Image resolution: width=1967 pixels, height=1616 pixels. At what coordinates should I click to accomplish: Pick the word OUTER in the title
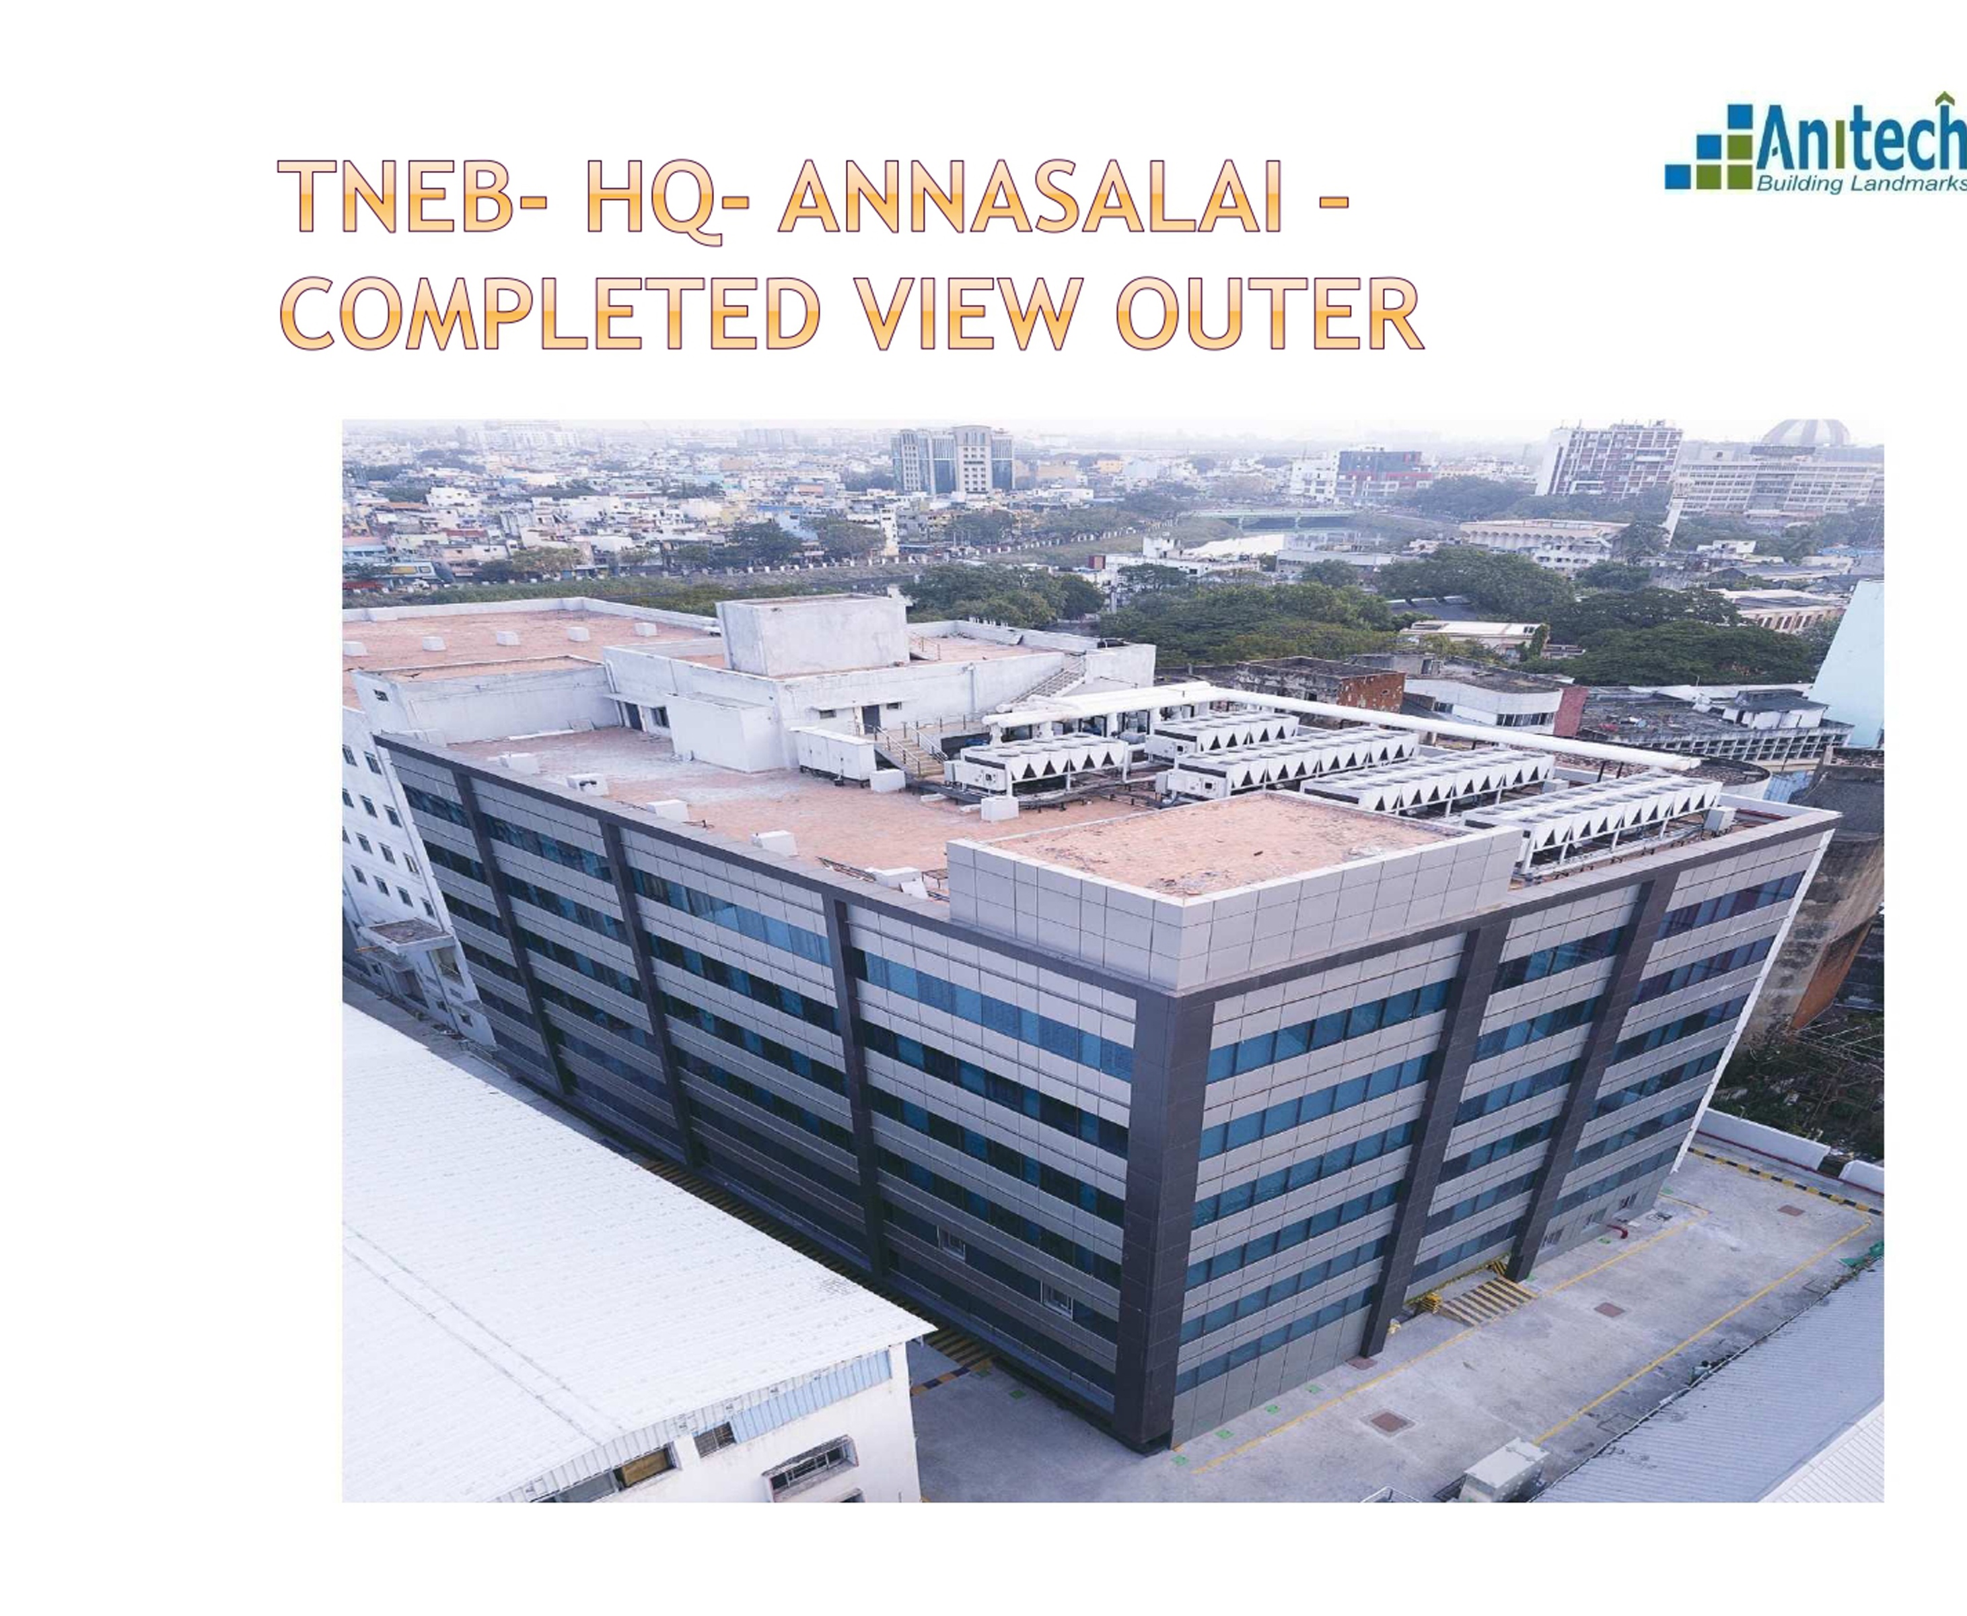(1269, 313)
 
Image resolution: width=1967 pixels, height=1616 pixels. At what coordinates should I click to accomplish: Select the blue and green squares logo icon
(1709, 151)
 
